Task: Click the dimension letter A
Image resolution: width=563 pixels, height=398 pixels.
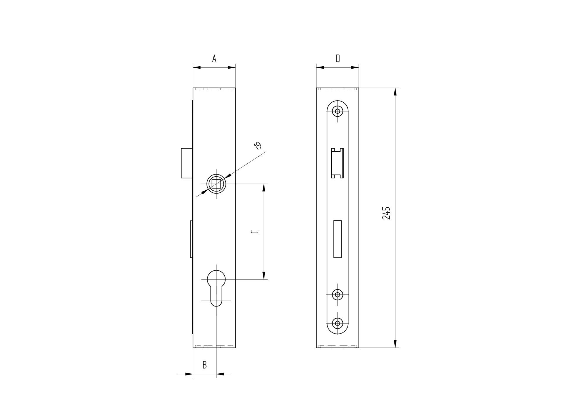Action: (x=214, y=58)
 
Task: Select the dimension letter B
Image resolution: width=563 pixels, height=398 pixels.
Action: (x=205, y=365)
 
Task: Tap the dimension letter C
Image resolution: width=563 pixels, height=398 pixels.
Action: (x=255, y=232)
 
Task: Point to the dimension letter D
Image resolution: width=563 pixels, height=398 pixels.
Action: (x=338, y=58)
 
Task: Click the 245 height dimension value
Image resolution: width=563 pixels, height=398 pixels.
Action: (x=386, y=213)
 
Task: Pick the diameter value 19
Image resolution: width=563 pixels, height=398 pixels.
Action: (x=257, y=146)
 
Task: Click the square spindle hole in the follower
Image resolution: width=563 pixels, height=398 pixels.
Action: (x=216, y=184)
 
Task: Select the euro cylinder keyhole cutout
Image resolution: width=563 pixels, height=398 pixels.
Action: (x=216, y=288)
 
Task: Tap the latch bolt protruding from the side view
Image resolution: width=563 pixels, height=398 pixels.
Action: (x=187, y=163)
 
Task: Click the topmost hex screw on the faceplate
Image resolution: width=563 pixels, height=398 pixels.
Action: (x=338, y=111)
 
